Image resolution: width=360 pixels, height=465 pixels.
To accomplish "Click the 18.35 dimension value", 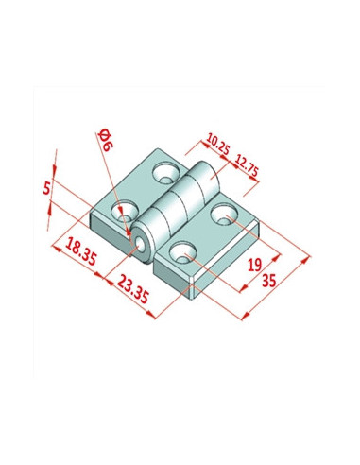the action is click(81, 251).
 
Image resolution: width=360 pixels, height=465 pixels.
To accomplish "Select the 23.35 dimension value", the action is click(132, 288).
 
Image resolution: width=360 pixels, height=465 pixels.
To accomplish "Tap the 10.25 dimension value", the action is click(217, 144).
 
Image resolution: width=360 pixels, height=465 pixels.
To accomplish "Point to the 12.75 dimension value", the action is click(247, 165).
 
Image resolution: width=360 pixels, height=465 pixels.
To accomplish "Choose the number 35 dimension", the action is click(269, 280).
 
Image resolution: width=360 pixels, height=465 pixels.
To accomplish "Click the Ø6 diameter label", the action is click(106, 140).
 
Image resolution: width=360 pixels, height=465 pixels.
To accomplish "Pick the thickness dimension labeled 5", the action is click(46, 189).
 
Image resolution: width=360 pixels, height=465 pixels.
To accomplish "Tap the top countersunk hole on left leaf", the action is click(165, 173).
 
